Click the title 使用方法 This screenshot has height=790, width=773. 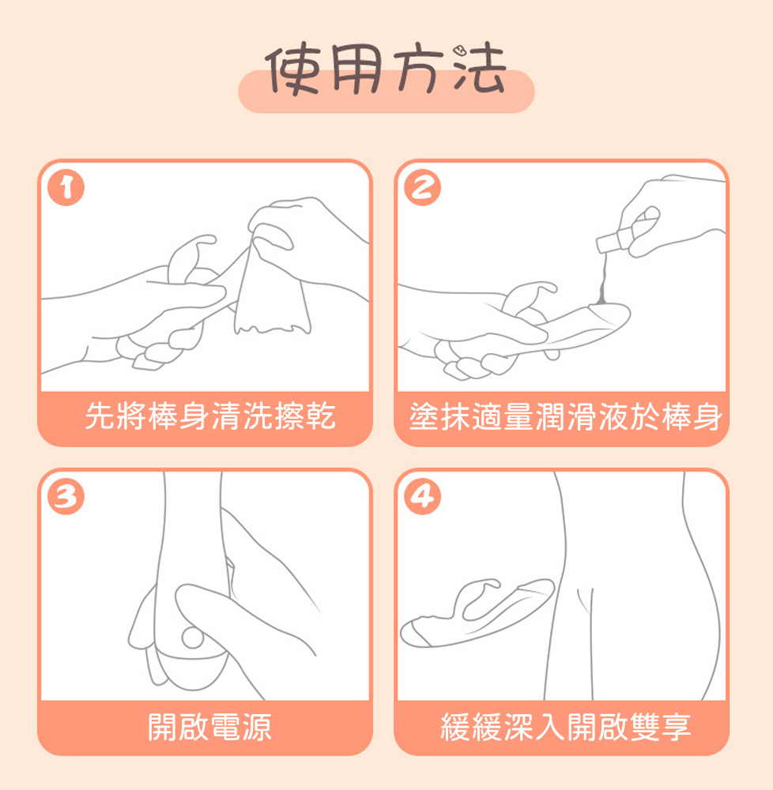pyautogui.click(x=386, y=70)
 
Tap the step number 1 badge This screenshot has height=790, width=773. pyautogui.click(x=66, y=187)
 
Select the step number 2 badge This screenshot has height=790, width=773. pyautogui.click(x=422, y=187)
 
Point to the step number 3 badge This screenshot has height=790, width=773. pyautogui.click(x=66, y=496)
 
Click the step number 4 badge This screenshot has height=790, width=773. pyautogui.click(x=422, y=496)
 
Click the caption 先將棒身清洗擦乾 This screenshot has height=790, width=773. pyautogui.click(x=210, y=416)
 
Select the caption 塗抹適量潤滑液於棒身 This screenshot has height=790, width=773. pyautogui.click(x=565, y=416)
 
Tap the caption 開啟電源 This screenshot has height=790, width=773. pyautogui.click(x=209, y=727)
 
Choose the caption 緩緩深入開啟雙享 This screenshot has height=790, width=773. pyautogui.click(x=565, y=727)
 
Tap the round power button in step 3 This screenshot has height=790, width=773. pyautogui.click(x=192, y=638)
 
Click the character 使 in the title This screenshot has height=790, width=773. pyautogui.click(x=292, y=70)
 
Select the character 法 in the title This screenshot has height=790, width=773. pyautogui.click(x=479, y=70)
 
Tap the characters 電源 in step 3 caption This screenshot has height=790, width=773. pyautogui.click(x=241, y=727)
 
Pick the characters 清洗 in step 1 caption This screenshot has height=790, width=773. pyautogui.click(x=242, y=416)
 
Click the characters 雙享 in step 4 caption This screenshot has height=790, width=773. pyautogui.click(x=660, y=727)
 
